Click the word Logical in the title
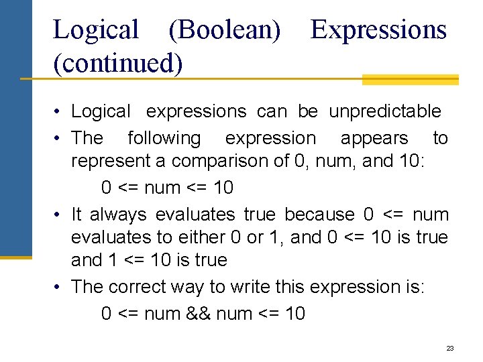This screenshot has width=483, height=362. pos(95,30)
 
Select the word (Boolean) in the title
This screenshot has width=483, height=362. pos(224,30)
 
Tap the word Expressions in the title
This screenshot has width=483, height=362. pos(378,30)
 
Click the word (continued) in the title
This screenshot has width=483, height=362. pos(117,63)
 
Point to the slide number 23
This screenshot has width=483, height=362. pos(450,349)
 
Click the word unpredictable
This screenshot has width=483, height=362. pos(385,111)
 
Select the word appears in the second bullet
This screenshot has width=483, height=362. pos(374,138)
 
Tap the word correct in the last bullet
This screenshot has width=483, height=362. pos(140,286)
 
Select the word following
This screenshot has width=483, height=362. pos(164,138)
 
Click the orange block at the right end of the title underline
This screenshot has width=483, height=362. pos(410,80)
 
